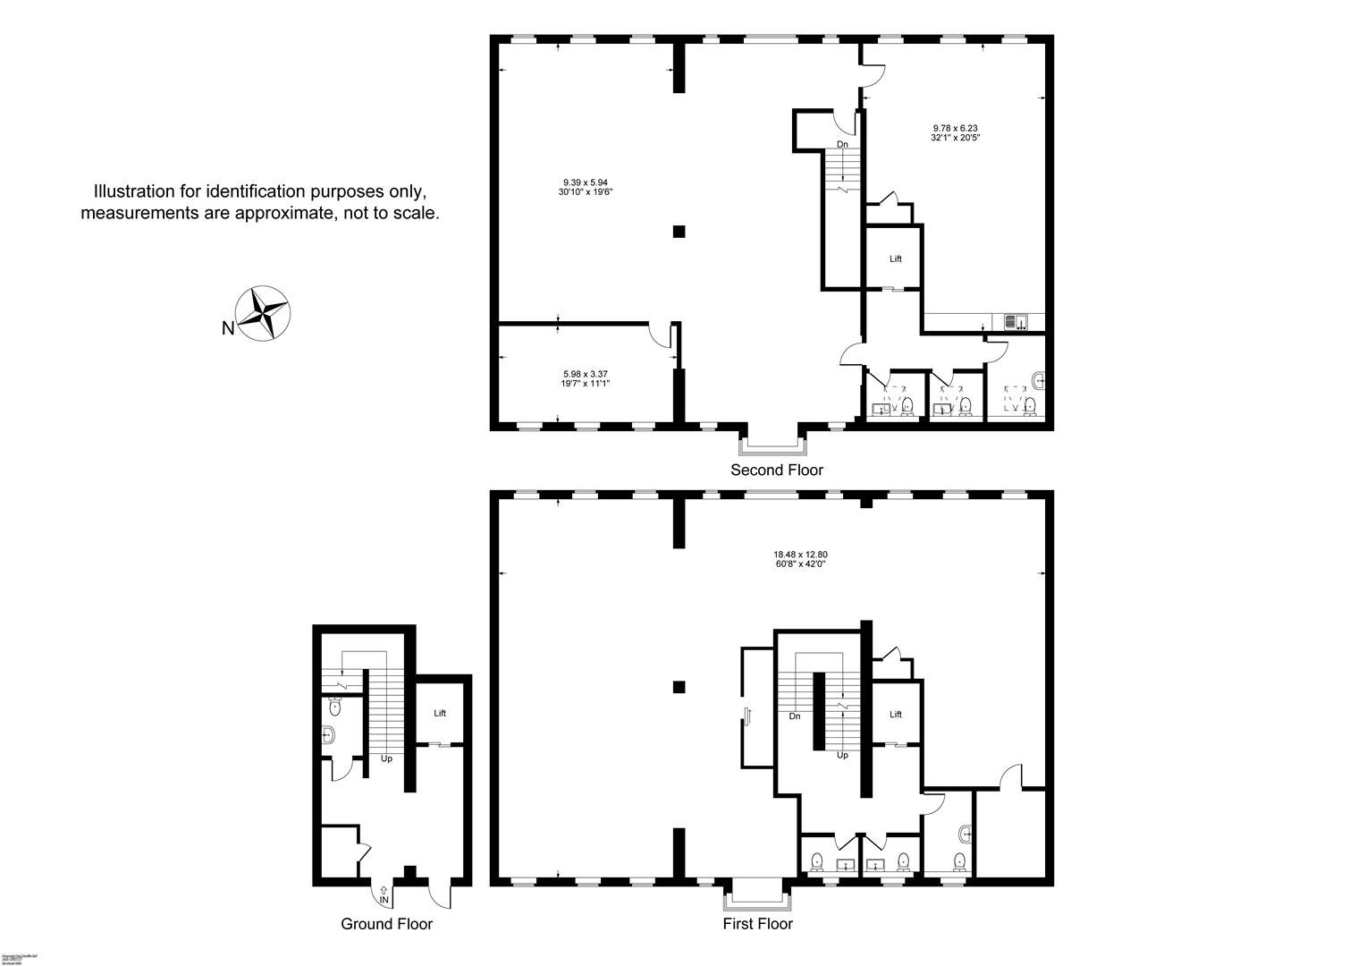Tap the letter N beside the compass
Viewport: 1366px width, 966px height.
(228, 328)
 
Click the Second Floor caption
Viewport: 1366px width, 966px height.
(776, 470)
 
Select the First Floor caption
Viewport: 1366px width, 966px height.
(757, 924)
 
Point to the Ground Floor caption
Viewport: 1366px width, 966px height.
(386, 924)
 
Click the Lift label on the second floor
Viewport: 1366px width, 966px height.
(895, 258)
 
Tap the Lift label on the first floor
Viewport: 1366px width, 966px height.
(895, 714)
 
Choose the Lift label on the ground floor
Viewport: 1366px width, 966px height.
(439, 713)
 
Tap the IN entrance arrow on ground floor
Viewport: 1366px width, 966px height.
(384, 891)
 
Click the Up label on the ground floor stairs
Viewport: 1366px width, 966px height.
(386, 758)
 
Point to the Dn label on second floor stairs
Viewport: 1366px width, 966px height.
(842, 144)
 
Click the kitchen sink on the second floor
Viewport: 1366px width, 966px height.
(1016, 322)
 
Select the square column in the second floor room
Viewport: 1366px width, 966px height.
(679, 232)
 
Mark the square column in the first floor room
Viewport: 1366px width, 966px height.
(679, 687)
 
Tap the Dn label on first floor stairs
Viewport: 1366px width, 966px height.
(794, 716)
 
